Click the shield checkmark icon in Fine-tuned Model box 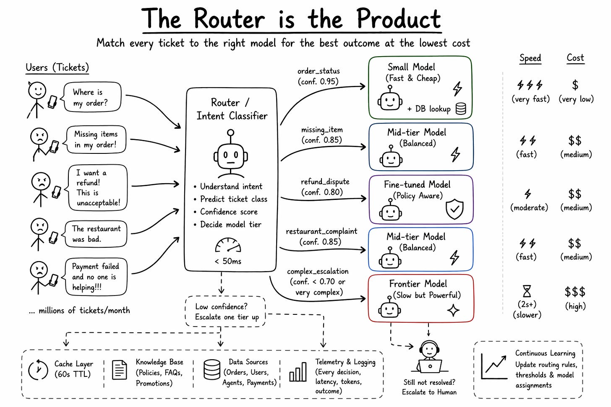coord(454,209)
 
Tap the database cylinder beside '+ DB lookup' coord(461,109)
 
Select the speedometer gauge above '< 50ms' coord(228,245)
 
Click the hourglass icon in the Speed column coord(527,291)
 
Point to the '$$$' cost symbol coord(575,292)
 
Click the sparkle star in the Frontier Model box coord(453,310)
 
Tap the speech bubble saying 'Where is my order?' coord(91,97)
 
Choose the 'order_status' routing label coord(319,71)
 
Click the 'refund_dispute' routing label coord(325,182)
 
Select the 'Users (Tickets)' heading coord(57,67)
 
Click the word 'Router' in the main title coord(229,19)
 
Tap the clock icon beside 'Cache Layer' coord(38,369)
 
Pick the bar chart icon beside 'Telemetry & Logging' coord(298,372)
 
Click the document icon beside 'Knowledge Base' coord(120,370)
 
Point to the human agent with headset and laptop coord(429,357)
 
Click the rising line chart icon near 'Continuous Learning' coord(494,366)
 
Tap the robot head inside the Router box coord(231,154)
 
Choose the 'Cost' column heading coord(575,58)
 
